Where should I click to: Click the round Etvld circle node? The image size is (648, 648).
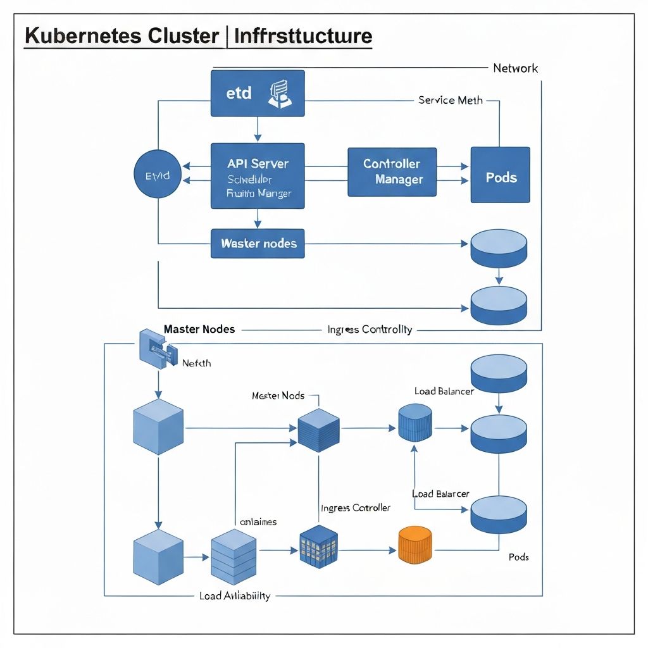coord(158,175)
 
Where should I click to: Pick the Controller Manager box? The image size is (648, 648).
coord(392,171)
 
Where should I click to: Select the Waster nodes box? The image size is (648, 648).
coord(258,243)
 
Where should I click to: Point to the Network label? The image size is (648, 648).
coord(515,68)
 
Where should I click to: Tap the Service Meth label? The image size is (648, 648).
coord(450,100)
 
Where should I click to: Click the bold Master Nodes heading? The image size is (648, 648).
coord(199,329)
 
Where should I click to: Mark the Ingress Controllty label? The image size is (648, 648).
coord(370,329)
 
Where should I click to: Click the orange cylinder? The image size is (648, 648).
coord(415,544)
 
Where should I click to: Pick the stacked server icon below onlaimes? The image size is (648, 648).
coord(234,556)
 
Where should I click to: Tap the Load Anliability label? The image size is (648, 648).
coord(234,596)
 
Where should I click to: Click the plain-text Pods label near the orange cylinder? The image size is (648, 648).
coord(518,557)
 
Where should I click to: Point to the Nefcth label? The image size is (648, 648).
coord(196,363)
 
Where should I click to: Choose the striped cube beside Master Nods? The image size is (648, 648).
coord(318,430)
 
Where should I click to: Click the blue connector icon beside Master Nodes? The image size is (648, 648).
coord(154,349)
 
